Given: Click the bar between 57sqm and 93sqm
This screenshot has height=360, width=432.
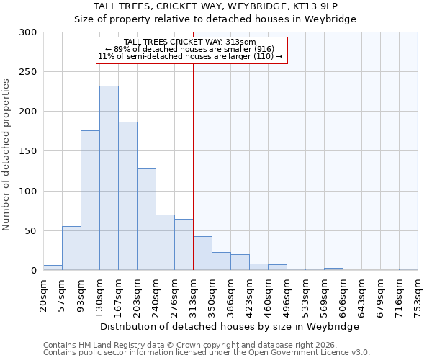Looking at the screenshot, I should click(71, 248).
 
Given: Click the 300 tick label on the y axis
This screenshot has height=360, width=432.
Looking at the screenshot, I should click(28, 32).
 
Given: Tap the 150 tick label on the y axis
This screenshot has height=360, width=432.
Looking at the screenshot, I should click(28, 151).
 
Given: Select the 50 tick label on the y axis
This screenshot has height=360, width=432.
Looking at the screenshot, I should click(31, 231).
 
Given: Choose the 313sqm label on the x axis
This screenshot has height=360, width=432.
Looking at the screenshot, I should click(194, 295).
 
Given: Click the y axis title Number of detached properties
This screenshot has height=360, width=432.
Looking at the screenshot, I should click(7, 155).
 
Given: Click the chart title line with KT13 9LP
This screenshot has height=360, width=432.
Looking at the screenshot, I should click(216, 6).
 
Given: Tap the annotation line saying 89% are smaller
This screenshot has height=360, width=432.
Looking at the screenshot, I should click(190, 49).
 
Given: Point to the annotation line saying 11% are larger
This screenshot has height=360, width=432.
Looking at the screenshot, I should click(190, 56).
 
